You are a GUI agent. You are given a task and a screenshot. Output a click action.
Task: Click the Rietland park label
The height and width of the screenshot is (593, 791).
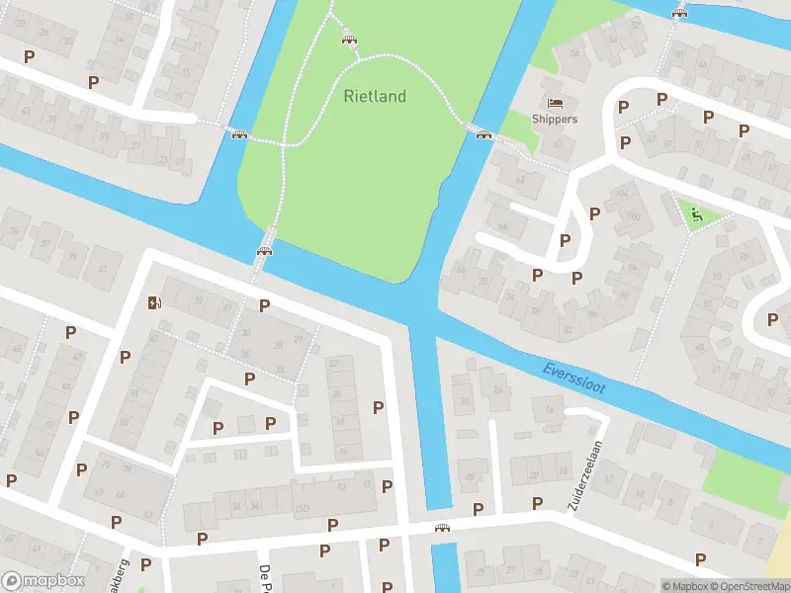click(x=375, y=97)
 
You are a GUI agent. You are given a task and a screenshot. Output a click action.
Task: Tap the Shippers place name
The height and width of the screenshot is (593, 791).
click(x=554, y=120)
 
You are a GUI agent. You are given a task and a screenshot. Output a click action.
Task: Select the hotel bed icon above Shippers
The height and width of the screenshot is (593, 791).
click(x=554, y=103)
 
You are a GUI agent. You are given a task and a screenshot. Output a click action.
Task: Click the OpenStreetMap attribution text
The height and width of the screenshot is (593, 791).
click(x=752, y=586)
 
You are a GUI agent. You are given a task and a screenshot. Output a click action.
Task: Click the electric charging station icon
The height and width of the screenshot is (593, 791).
click(x=153, y=302)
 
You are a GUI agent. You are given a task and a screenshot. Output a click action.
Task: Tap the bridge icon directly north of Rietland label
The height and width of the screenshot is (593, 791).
click(x=348, y=39)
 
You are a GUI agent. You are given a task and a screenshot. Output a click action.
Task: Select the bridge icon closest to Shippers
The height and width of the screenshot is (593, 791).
click(x=483, y=134)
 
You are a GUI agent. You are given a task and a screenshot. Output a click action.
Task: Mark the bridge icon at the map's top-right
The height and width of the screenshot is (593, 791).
click(x=679, y=13)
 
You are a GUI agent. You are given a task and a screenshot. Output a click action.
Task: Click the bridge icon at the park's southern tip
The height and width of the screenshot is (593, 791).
click(x=264, y=251)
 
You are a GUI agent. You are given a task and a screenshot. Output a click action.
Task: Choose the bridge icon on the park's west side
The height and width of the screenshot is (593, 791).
click(x=238, y=133)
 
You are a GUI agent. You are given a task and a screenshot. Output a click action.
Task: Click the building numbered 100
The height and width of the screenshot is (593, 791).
click(x=633, y=216)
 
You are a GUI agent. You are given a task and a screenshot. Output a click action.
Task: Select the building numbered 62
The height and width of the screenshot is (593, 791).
click(x=520, y=181)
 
